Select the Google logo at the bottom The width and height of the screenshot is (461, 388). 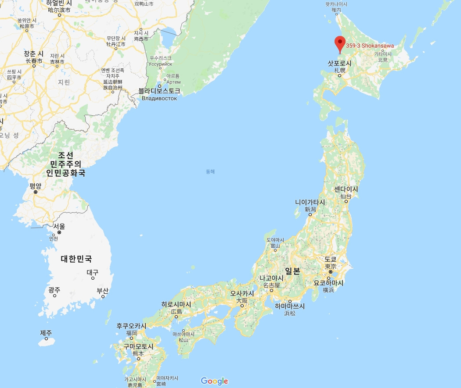click(x=214, y=381)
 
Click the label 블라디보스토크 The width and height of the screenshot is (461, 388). click(x=159, y=91)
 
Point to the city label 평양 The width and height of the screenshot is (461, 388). click(x=36, y=185)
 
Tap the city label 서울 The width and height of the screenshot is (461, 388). click(x=59, y=226)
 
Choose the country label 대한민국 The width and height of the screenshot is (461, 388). click(x=79, y=258)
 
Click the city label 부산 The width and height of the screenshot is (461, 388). click(x=103, y=290)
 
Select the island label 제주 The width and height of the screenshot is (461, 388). click(x=46, y=333)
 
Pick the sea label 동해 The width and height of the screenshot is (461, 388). click(x=210, y=171)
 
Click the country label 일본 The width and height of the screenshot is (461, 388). click(x=293, y=271)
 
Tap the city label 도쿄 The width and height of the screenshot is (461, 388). click(x=330, y=259)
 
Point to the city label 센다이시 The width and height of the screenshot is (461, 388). click(x=346, y=189)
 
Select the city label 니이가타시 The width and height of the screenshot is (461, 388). click(x=310, y=202)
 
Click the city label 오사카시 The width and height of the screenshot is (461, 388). click(x=242, y=293)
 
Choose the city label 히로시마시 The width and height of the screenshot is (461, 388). click(x=176, y=304)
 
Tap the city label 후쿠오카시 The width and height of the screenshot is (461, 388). click(x=131, y=326)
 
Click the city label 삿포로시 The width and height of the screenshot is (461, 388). click(x=340, y=63)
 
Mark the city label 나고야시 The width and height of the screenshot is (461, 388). click(x=271, y=278)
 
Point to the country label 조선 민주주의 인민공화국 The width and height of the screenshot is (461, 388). click(x=67, y=164)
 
